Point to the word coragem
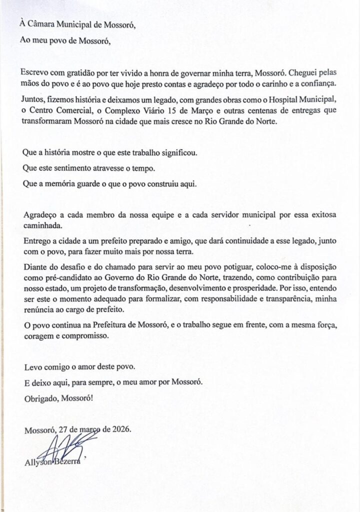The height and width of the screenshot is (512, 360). click(38, 337)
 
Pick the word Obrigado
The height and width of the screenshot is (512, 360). click(39, 398)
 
